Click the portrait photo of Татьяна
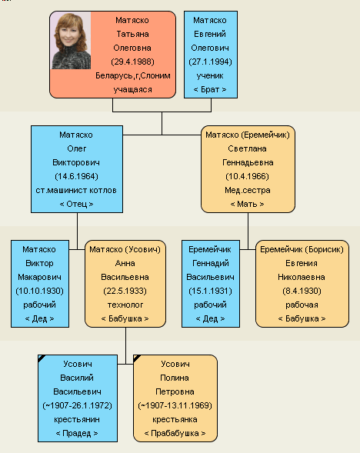pos(71,41)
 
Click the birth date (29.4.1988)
pos(132,62)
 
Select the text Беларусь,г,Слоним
pos(133,75)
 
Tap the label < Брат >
pos(210,89)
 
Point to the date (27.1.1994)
pos(210,62)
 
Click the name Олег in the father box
pos(77,148)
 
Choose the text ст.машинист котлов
pos(76,191)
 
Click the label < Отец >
pos(77,205)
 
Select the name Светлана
pos(248,148)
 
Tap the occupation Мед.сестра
pos(248,191)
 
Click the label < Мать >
pos(248,205)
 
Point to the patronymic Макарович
pos(39,277)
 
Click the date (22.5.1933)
pos(125,291)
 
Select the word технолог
pos(125,305)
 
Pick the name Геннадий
pos(211,263)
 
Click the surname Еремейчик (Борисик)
pos(302,250)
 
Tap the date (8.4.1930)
pos(302,291)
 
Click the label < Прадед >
pos(77,433)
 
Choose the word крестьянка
pos(175,419)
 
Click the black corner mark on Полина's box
pos(136,358)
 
